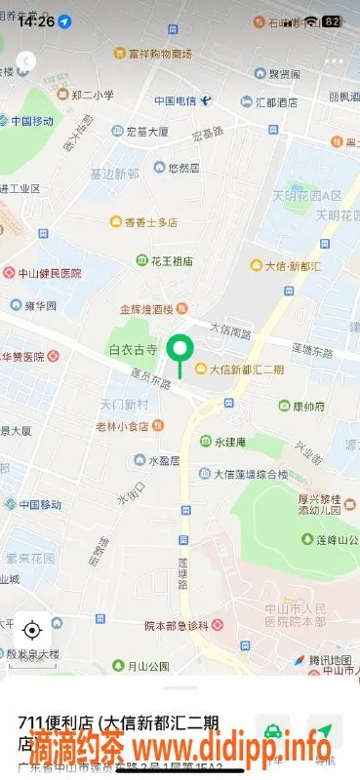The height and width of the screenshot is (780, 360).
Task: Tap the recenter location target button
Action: pyautogui.click(x=31, y=629)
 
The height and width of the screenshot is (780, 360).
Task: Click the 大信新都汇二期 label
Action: pyautogui.click(x=246, y=369)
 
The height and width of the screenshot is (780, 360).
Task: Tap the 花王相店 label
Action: pyautogui.click(x=171, y=261)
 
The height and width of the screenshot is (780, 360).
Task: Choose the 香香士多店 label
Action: pyautogui.click(x=150, y=222)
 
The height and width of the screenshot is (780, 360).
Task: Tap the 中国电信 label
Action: pyautogui.click(x=176, y=101)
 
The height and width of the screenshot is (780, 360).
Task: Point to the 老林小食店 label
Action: pyautogui.click(x=136, y=425)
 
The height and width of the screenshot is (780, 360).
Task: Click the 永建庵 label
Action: pyautogui.click(x=232, y=441)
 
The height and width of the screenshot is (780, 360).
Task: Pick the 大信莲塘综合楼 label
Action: pyautogui.click(x=251, y=475)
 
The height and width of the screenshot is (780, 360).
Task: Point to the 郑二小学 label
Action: pyautogui.click(x=92, y=95)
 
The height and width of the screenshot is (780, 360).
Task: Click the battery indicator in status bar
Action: pyautogui.click(x=332, y=20)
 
